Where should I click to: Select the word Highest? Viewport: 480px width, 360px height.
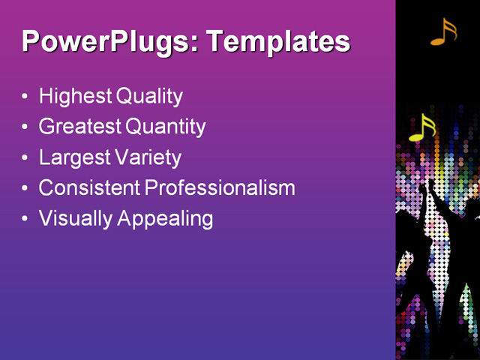pyautogui.click(x=75, y=96)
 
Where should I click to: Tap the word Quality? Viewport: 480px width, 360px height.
pyautogui.click(x=149, y=96)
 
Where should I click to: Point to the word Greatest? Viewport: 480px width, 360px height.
pyautogui.click(x=80, y=127)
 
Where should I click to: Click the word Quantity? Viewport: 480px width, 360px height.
pyautogui.click(x=166, y=127)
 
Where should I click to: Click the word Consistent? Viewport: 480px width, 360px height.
pyautogui.click(x=89, y=187)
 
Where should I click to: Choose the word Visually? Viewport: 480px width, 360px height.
pyautogui.click(x=71, y=218)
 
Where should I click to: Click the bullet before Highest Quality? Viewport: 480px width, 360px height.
pyautogui.click(x=25, y=97)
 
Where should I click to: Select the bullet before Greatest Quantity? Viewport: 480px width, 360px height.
pyautogui.click(x=25, y=127)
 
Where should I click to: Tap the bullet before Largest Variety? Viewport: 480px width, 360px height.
pyautogui.click(x=25, y=158)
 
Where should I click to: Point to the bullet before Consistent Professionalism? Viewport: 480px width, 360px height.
pyautogui.click(x=25, y=189)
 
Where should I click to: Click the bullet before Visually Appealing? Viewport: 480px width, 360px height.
pyautogui.click(x=25, y=219)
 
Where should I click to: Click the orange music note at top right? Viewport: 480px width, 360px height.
pyautogui.click(x=443, y=31)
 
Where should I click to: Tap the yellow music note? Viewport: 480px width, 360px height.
pyautogui.click(x=422, y=128)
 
